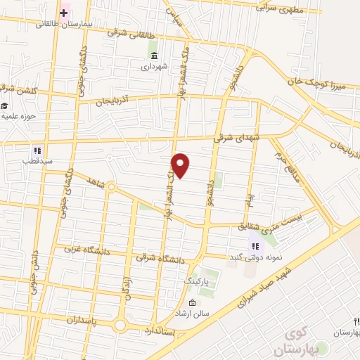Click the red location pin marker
[181, 165]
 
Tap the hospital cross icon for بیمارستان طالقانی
[64, 12]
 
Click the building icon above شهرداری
[154, 56]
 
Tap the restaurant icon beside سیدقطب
[37, 150]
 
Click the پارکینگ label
[197, 281]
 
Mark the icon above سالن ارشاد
[193, 303]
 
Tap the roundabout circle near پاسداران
[120, 326]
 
